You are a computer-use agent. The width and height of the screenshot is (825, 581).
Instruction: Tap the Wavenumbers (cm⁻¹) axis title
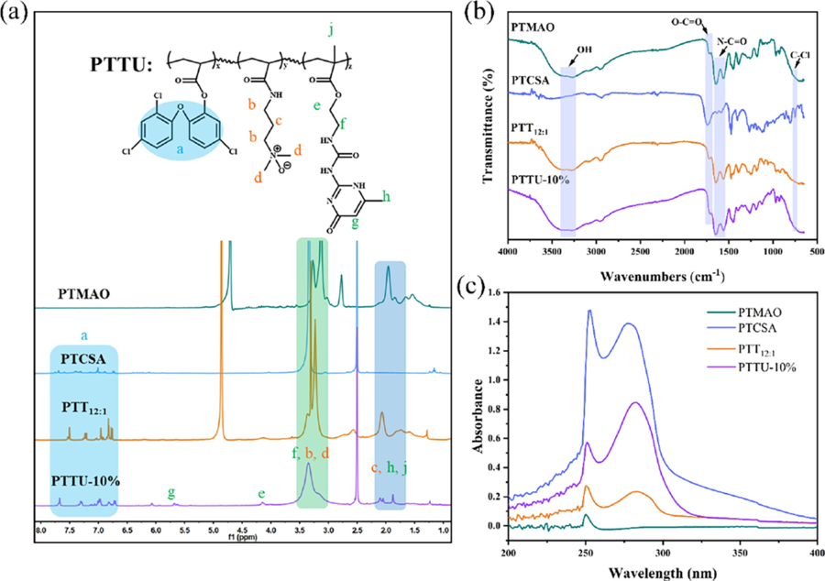(658, 274)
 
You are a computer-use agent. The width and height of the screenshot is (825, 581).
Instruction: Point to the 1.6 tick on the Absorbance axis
(494, 292)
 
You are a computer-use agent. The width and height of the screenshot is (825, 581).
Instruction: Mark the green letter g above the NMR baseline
(171, 492)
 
